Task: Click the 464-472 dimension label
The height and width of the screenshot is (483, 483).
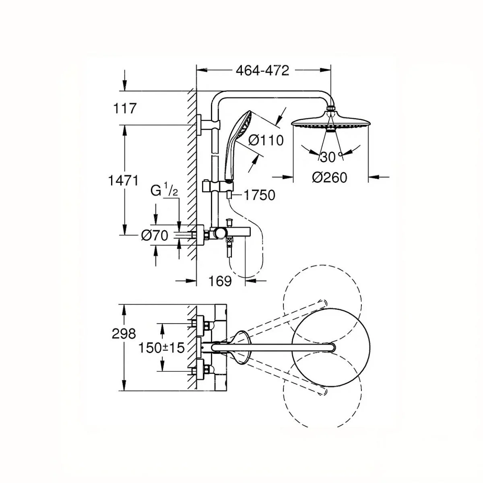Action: coord(262,71)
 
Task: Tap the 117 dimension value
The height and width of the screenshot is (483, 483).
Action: coord(124,108)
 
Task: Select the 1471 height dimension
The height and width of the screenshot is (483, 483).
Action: coord(123,180)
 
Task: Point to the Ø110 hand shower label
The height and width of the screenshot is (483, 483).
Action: coord(266,140)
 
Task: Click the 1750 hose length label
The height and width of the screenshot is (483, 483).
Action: coord(259,195)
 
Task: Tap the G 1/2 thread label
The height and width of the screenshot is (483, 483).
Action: coord(164,191)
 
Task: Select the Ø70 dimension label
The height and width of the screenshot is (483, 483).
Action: coord(155,235)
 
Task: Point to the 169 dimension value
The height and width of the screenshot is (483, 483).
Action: coord(220,281)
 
